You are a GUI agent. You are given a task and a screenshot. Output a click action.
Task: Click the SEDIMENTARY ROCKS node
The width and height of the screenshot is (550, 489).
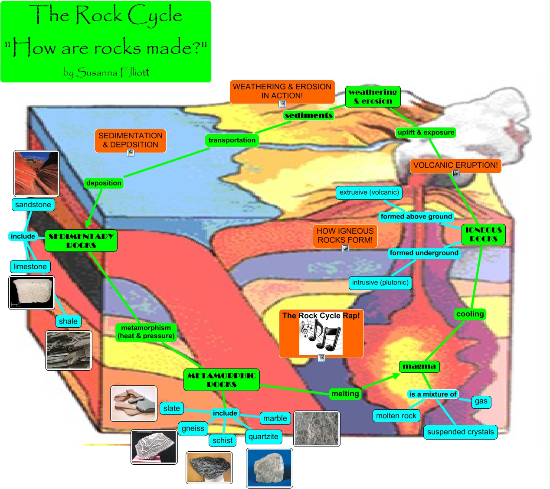coord(81,241)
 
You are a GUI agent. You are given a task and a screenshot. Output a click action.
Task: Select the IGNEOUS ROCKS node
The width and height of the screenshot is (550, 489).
coord(483,234)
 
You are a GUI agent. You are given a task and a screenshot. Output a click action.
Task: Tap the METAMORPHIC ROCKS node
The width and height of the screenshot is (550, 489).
coord(222,380)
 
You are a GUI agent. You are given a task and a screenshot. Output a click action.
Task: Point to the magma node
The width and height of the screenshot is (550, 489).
coord(419,366)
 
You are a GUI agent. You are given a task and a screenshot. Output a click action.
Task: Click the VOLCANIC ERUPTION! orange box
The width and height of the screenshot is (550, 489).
coord(455,165)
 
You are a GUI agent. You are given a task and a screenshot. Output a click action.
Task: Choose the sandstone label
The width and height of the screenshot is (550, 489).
coord(33,205)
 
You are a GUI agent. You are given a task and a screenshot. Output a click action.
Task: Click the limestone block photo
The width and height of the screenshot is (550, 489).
coord(32,293)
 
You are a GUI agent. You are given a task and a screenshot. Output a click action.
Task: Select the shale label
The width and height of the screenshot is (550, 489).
coord(68,321)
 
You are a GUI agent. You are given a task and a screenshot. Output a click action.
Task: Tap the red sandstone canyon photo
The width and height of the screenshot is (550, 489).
coord(36,173)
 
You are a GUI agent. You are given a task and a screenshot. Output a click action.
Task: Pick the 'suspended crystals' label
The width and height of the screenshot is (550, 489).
coord(460,432)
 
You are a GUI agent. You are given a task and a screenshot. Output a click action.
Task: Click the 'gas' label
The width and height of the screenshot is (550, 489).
coord(481,401)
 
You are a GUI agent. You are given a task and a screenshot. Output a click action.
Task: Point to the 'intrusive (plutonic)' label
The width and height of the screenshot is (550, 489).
coord(380,283)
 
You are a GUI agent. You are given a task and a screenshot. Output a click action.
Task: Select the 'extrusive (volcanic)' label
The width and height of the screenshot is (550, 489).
coord(369,192)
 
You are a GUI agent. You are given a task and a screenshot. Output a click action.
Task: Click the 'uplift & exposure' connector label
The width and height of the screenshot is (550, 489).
coord(426,132)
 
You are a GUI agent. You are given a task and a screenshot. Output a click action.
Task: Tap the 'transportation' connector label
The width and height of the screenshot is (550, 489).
coord(232,140)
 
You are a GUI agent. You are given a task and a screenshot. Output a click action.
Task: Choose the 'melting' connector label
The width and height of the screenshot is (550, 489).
coord(345,394)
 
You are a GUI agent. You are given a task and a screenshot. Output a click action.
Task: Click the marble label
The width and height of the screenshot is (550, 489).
coord(275,418)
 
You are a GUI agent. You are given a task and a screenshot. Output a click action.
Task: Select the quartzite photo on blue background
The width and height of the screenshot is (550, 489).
coord(269,468)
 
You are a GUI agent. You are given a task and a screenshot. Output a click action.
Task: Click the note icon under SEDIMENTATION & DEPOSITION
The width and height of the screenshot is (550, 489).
coord(131,153)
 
